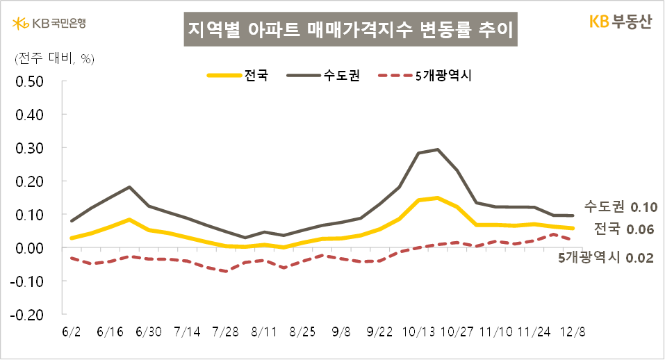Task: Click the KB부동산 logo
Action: point(620,22)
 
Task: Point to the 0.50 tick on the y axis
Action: point(30,81)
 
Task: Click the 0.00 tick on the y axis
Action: point(30,247)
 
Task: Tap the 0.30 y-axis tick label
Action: point(30,148)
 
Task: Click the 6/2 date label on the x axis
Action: point(72,332)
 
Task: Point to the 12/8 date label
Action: point(573,332)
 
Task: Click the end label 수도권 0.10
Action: point(619,206)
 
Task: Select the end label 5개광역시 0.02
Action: point(607,258)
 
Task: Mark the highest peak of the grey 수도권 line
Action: point(437,149)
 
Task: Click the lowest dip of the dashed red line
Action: point(226,271)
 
